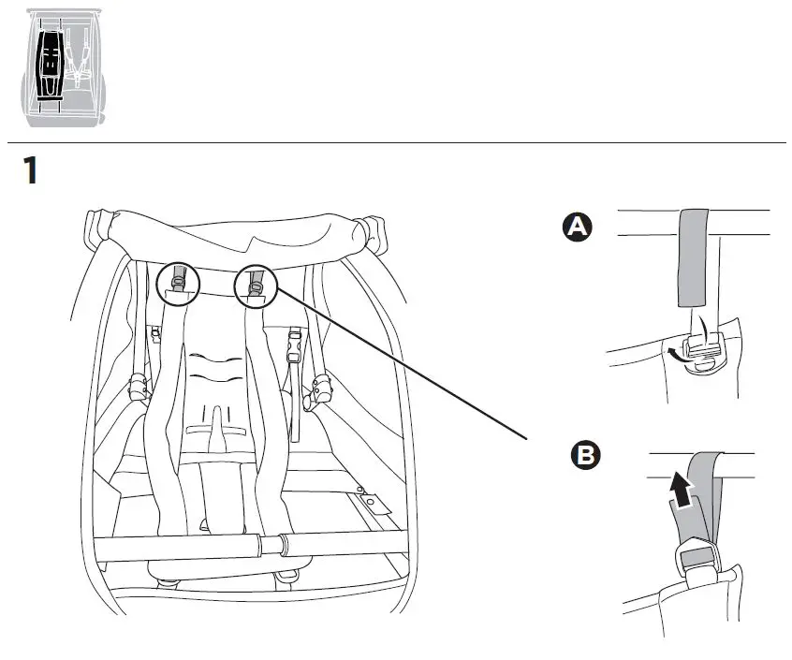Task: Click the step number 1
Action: coord(31,170)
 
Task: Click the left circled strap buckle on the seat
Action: coord(180,283)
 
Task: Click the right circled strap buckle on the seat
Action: coord(258,283)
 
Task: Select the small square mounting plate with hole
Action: coord(377,505)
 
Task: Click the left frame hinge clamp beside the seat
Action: coord(139,385)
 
